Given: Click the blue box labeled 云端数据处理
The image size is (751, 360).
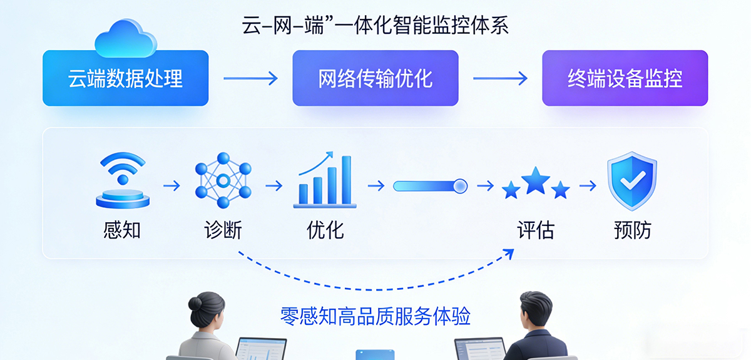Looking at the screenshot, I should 125,79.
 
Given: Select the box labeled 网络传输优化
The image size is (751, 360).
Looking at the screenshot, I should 375,79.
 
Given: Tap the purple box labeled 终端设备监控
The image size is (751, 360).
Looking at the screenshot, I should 625,79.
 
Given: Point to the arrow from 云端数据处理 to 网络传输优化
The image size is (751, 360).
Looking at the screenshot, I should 250,79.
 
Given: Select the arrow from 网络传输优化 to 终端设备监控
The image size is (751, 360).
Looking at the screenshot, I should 500,79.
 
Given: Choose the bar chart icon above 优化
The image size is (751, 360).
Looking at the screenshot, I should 325,182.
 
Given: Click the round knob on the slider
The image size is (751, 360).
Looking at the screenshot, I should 460,185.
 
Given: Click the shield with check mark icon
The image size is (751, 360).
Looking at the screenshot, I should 632,181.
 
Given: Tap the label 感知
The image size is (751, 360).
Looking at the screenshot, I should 122,230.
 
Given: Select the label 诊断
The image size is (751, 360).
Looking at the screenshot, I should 223,230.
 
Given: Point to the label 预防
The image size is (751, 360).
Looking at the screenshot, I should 632,230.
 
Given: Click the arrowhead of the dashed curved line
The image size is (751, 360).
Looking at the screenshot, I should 509,253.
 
